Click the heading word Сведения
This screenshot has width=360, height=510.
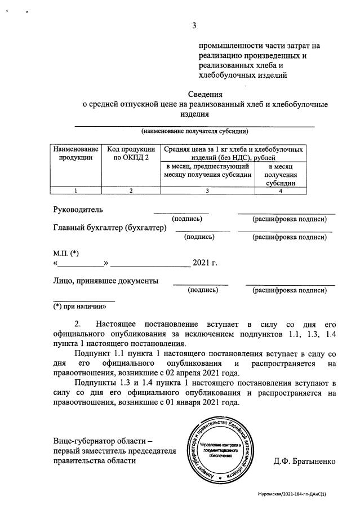205,94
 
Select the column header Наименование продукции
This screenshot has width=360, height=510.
75,154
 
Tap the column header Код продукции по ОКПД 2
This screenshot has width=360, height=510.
131,154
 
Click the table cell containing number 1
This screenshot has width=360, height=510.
75,190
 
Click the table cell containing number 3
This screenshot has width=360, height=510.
207,190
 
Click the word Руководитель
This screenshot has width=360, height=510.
78,210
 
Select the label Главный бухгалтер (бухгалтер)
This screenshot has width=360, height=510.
110,228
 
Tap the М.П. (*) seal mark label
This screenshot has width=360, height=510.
66,254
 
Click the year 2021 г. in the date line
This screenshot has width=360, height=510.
205,263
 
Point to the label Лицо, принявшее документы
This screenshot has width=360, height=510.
105,281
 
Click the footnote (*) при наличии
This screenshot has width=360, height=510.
79,307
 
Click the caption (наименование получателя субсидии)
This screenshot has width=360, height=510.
195,131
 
